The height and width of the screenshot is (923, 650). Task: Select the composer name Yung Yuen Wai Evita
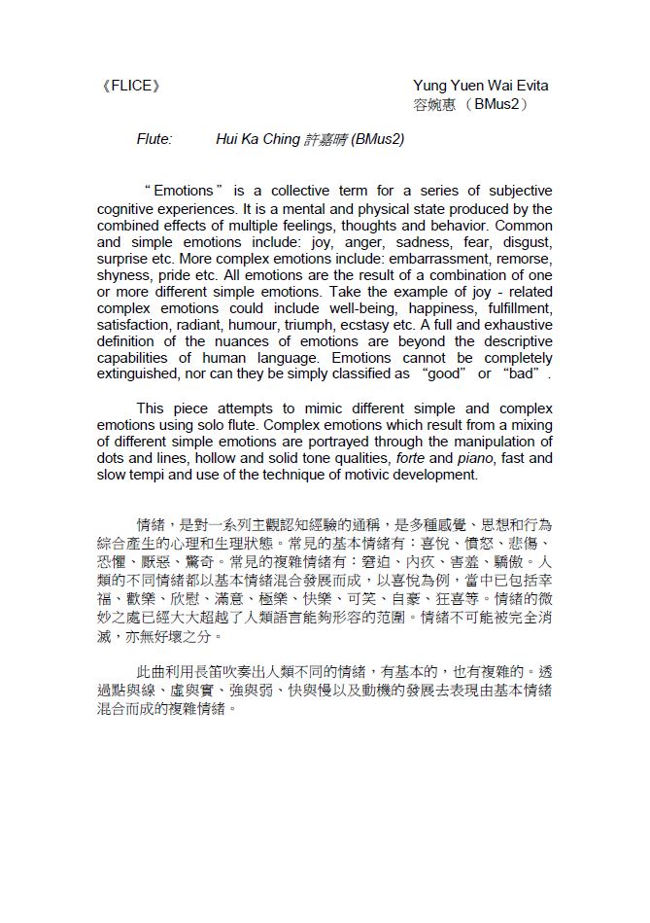(480, 86)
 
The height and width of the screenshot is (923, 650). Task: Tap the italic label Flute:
(154, 139)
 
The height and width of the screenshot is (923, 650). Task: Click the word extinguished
(138, 374)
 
